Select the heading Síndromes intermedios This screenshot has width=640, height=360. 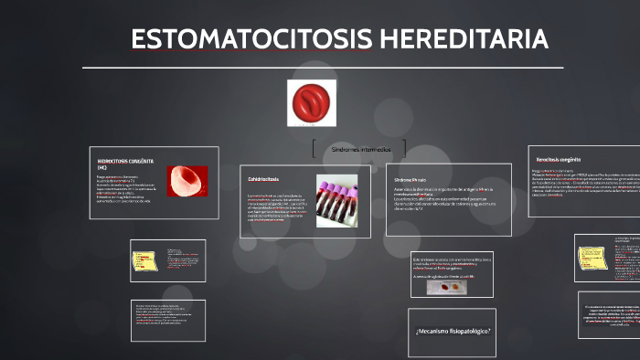361,148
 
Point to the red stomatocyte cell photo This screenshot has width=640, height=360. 187,180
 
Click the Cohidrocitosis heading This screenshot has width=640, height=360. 263,179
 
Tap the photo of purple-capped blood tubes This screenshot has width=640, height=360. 337,200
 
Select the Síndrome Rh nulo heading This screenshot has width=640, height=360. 411,180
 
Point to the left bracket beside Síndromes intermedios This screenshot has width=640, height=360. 315,148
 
